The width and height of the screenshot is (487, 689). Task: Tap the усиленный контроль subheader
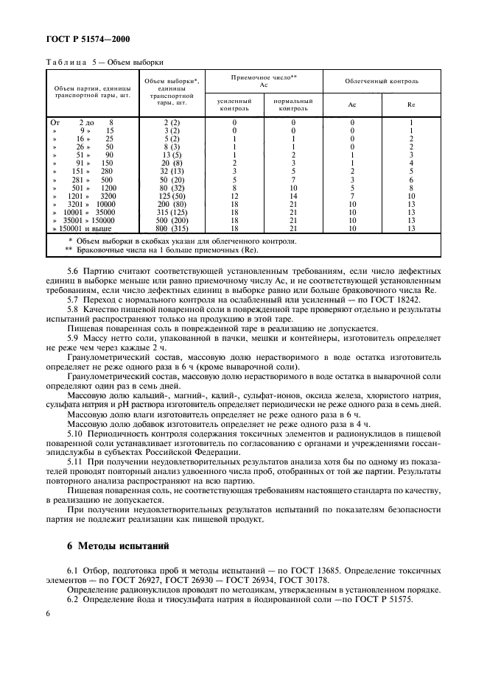[x=234, y=105]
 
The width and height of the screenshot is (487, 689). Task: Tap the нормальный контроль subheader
[x=293, y=105]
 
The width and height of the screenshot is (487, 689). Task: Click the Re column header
[x=411, y=105]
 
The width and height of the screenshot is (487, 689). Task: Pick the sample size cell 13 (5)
[x=171, y=155]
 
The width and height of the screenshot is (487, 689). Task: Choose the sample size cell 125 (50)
[x=171, y=197]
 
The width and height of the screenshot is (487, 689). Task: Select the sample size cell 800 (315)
[x=171, y=229]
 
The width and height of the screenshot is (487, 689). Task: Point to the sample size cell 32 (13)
[x=171, y=172]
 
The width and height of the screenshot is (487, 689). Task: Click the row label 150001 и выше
[x=82, y=229]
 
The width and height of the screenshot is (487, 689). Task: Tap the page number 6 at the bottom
[x=48, y=613]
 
